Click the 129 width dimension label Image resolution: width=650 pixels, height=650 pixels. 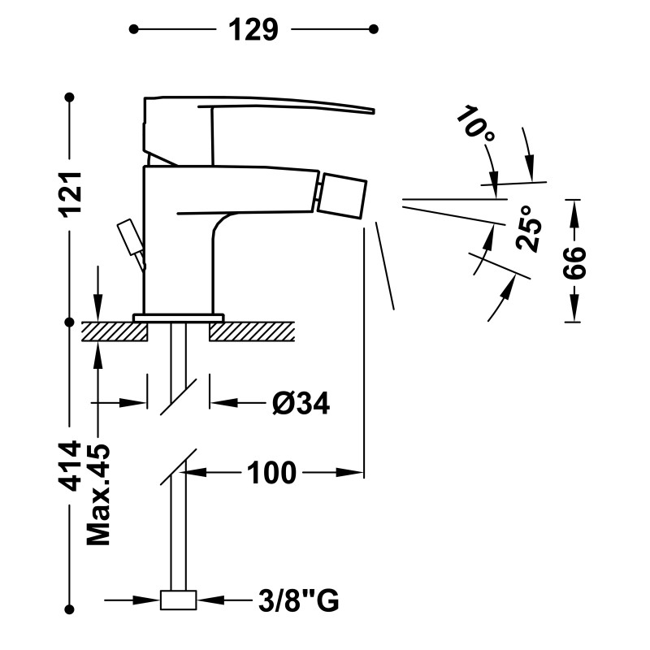point(253,30)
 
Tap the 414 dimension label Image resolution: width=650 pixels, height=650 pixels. point(70,466)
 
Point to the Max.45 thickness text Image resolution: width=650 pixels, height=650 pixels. point(98,495)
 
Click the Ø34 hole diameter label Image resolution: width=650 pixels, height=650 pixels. point(301,402)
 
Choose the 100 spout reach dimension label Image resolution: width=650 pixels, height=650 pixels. point(271,473)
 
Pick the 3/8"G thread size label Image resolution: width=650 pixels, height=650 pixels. point(298,600)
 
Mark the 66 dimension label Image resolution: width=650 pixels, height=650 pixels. point(574,262)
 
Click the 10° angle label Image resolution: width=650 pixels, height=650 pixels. point(476,123)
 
